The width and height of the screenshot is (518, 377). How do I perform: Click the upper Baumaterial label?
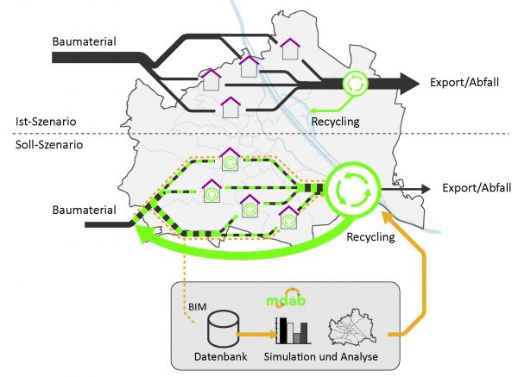[84, 41]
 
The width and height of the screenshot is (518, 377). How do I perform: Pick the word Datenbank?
[224, 356]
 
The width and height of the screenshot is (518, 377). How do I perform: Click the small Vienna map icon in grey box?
[356, 329]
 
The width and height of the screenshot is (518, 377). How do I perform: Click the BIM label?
[196, 306]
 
